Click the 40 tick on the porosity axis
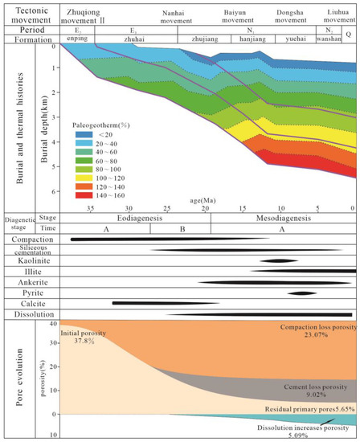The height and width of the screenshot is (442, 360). tap(53, 323)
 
